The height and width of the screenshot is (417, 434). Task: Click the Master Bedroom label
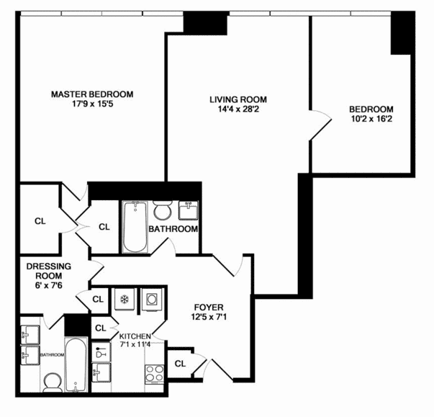[92, 94]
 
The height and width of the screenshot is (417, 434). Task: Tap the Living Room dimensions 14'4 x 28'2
[238, 109]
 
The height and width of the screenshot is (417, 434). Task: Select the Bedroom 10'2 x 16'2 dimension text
[371, 119]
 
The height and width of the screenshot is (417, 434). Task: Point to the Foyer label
[209, 308]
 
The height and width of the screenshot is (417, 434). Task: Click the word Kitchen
[135, 336]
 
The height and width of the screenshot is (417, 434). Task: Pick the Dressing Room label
[49, 271]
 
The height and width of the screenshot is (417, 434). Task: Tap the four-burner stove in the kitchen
[155, 374]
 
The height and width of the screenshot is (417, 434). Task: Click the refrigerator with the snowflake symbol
[125, 300]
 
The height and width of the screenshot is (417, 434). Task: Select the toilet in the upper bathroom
[163, 210]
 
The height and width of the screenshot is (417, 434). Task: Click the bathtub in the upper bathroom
[135, 227]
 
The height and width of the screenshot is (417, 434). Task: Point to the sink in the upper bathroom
[189, 210]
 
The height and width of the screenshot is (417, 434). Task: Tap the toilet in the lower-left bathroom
[53, 382]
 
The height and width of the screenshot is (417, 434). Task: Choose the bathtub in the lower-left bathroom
[76, 364]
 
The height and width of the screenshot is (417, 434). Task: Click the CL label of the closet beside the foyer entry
[180, 364]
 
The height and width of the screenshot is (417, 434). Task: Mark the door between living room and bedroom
[320, 125]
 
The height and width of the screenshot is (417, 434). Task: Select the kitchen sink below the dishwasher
[101, 372]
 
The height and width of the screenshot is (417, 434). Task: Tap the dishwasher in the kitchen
[101, 352]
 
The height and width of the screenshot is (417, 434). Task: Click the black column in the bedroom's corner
[400, 33]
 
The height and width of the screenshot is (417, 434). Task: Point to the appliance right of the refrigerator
[151, 300]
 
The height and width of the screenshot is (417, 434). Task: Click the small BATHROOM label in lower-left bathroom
[53, 354]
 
